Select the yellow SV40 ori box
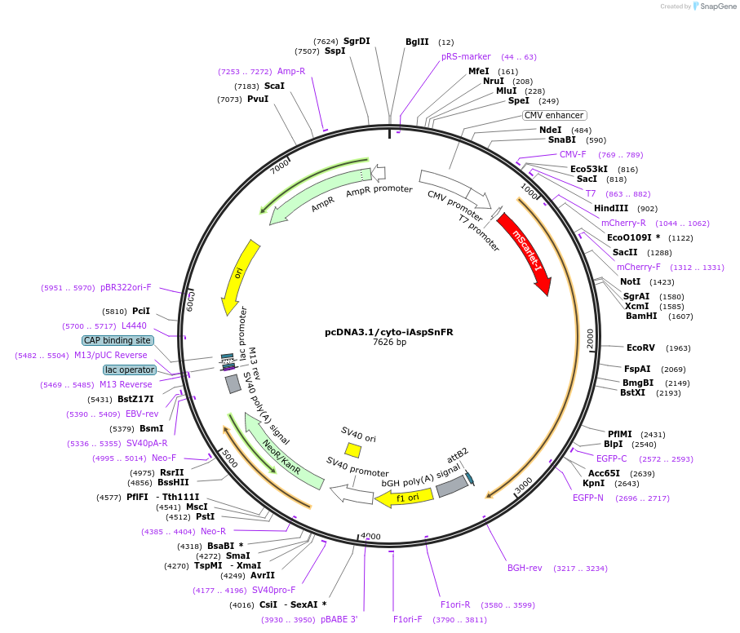tap(352, 449)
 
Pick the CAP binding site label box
tap(117, 340)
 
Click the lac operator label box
tap(130, 370)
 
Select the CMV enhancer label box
tap(555, 115)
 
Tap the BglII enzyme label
tap(417, 42)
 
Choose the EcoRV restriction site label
tap(640, 347)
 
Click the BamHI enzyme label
tap(641, 316)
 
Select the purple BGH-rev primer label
tap(525, 568)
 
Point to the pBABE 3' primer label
tap(339, 620)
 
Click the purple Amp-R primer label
tap(291, 71)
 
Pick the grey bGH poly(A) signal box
tap(451, 486)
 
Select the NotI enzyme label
tap(631, 281)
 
